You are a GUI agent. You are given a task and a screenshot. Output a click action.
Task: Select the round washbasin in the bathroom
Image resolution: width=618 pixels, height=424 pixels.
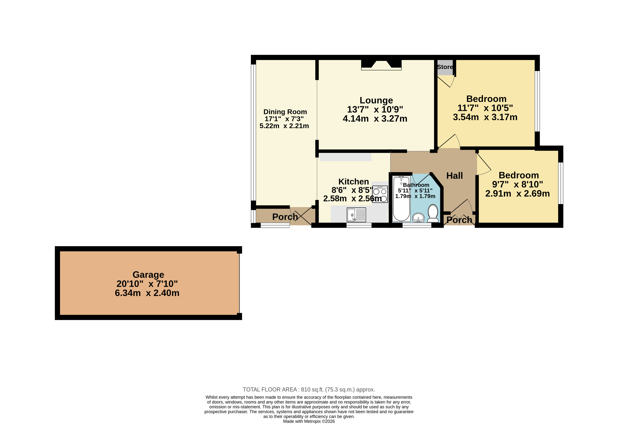(x=418, y=218)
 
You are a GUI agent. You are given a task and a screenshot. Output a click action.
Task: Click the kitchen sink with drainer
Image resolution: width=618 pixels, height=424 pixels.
(x=356, y=215)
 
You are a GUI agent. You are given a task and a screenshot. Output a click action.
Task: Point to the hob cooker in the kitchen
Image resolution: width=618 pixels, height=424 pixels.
(x=380, y=194)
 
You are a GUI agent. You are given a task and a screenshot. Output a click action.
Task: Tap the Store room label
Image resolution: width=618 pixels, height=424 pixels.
(x=445, y=67)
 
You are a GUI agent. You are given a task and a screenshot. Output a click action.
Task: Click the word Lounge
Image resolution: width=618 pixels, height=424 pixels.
(x=376, y=100)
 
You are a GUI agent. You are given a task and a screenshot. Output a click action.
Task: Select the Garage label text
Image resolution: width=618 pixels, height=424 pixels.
(x=148, y=275)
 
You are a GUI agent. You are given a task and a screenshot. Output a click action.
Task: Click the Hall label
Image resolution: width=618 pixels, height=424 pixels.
(x=454, y=176)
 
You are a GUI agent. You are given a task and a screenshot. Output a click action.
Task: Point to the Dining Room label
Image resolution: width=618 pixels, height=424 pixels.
(x=285, y=112)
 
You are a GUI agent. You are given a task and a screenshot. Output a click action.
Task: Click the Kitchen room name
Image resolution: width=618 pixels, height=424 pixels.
(x=353, y=182)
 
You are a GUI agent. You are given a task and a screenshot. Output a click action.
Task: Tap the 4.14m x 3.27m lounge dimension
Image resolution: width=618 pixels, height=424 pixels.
(x=375, y=119)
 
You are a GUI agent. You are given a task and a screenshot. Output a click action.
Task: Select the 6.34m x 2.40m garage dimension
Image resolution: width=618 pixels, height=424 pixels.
(x=147, y=293)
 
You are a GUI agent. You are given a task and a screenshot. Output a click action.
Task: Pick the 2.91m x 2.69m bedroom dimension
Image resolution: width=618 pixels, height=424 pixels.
(x=518, y=193)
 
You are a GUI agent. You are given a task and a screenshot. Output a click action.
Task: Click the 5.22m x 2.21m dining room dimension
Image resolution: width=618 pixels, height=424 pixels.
(x=284, y=126)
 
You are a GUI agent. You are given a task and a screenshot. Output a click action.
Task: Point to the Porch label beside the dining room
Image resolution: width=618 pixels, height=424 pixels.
(x=285, y=217)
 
